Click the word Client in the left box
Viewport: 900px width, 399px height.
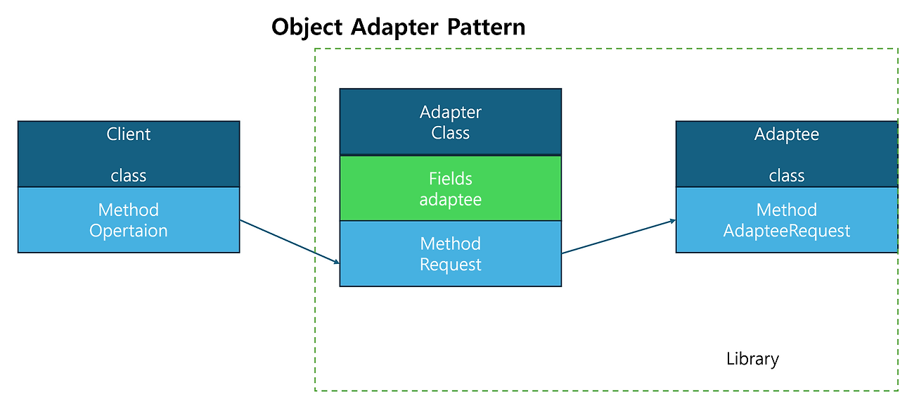[x=129, y=134]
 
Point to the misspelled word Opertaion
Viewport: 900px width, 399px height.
[x=129, y=230]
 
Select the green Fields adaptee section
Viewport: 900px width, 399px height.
[x=450, y=188]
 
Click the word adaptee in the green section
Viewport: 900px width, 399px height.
[x=450, y=199]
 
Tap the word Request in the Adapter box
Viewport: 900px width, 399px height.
[x=450, y=265]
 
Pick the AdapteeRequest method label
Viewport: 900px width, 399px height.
[x=786, y=230]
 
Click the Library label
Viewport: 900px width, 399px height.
[x=752, y=359]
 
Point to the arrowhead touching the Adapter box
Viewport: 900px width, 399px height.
[x=336, y=262]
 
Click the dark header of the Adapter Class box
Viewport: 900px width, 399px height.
[x=450, y=122]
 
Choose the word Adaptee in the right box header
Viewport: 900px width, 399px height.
[x=786, y=134]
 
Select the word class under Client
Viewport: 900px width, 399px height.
[x=129, y=175]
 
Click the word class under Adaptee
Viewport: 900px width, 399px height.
[x=786, y=175]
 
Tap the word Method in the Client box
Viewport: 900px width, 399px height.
[x=129, y=210]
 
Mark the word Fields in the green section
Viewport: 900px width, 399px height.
[x=450, y=179]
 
